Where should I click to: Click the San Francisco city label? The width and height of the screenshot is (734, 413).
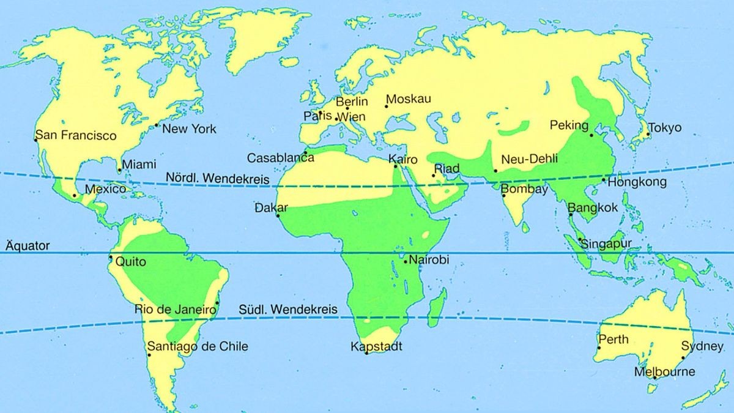point(76,135)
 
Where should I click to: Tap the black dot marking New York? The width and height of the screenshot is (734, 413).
point(156,125)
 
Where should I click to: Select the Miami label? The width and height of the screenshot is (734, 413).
point(139,165)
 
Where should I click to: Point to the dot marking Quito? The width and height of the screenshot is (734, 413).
point(111,257)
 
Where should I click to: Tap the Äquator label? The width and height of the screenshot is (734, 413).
point(28,245)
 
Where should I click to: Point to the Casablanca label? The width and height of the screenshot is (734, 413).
point(281,158)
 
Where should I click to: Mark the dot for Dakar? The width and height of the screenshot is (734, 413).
point(278,215)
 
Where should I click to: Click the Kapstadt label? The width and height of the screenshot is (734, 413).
point(376,346)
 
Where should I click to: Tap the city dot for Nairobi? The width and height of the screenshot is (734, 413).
point(406,262)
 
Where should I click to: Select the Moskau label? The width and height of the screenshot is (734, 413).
point(409,99)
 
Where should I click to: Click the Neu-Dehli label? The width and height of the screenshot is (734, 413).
point(529,160)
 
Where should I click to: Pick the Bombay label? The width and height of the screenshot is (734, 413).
point(525,189)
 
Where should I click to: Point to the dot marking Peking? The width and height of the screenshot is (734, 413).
point(591,135)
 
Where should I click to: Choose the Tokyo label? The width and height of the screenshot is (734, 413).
point(664,128)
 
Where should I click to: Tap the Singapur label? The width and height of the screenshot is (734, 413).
point(606,244)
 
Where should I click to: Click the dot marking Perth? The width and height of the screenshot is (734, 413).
point(599,348)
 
